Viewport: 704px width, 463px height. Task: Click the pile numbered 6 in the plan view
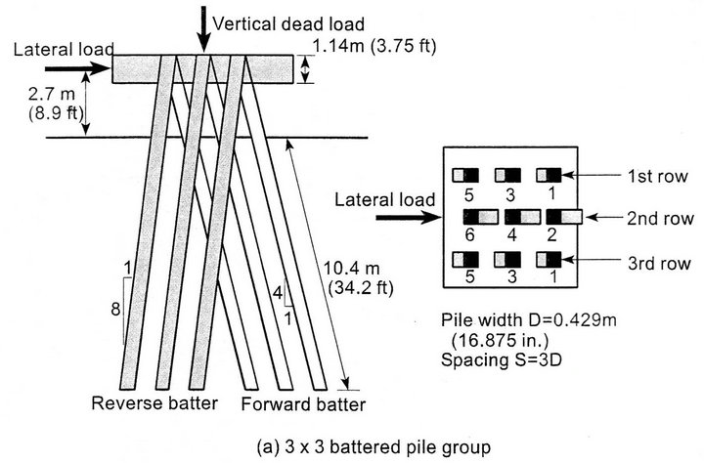coord(476,215)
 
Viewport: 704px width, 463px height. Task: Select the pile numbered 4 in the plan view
coord(519,215)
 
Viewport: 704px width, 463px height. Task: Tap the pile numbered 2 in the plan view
coord(562,215)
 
